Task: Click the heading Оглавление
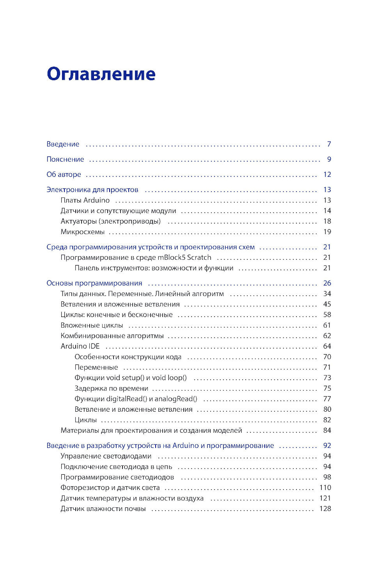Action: click(101, 74)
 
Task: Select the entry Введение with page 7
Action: click(63, 144)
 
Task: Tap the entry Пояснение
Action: click(65, 159)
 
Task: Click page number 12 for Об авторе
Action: click(327, 174)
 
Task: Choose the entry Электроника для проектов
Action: click(92, 190)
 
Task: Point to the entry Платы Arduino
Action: click(85, 200)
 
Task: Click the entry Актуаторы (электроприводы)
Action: click(110, 221)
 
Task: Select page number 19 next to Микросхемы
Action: click(327, 232)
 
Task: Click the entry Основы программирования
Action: click(94, 283)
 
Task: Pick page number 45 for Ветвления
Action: click(327, 304)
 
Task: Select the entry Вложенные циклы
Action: click(92, 325)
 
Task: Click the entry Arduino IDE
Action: click(80, 346)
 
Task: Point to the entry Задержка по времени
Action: click(111, 388)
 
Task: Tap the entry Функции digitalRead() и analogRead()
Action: click(136, 399)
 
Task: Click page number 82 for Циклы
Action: click(327, 420)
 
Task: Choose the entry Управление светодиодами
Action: click(106, 456)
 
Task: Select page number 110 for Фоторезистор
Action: click(325, 488)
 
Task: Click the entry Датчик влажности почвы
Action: click(103, 509)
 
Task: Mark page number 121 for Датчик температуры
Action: click(325, 498)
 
